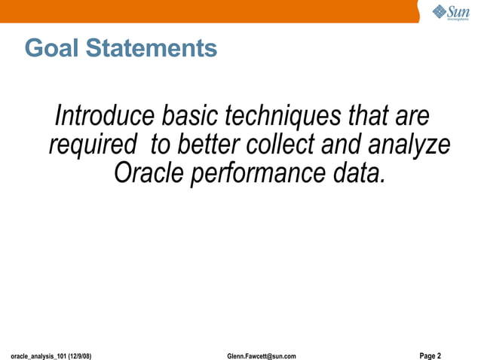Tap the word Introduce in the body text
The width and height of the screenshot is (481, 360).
click(106, 117)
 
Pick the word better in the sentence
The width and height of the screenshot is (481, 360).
click(212, 145)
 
